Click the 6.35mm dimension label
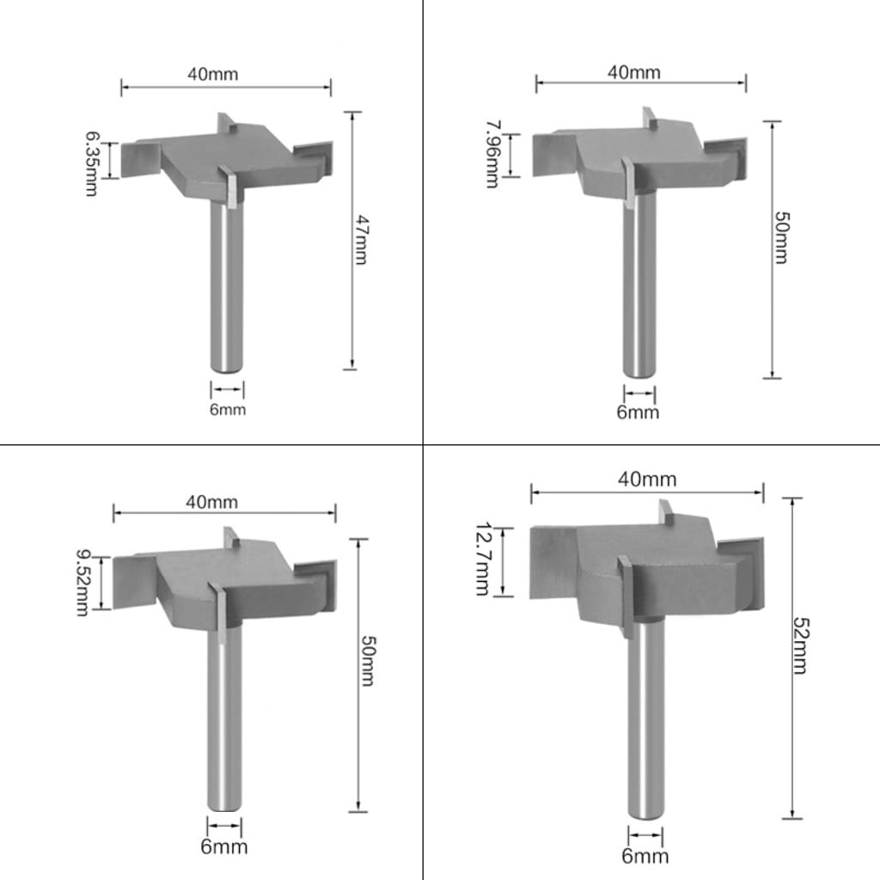click(91, 163)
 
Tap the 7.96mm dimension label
click(492, 154)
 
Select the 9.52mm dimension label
click(82, 582)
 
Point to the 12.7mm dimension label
click(483, 559)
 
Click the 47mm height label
click(360, 240)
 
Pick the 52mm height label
click(800, 645)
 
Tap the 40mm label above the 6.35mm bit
click(213, 74)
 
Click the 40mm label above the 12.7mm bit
click(647, 480)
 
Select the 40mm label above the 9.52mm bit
click(211, 502)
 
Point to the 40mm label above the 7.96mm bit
click(634, 72)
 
